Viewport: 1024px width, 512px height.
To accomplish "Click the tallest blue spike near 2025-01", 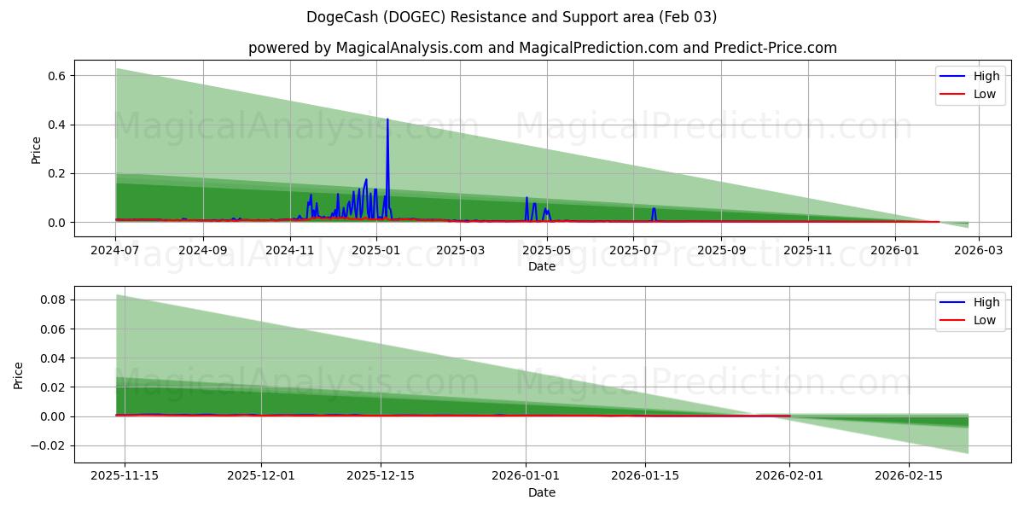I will [x=387, y=120].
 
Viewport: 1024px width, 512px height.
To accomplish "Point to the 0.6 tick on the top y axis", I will [x=55, y=76].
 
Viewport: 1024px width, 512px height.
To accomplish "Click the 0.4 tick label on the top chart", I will [x=55, y=125].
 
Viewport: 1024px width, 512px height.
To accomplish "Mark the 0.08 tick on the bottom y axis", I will [x=52, y=300].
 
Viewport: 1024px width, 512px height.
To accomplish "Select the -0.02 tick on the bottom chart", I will [x=49, y=445].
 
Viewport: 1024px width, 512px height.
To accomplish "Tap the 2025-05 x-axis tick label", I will [x=547, y=251].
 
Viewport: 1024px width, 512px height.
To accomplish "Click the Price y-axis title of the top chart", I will [x=36, y=149].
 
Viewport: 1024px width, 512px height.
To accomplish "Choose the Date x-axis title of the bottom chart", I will [x=542, y=492].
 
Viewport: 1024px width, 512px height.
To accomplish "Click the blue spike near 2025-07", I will [x=654, y=209].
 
